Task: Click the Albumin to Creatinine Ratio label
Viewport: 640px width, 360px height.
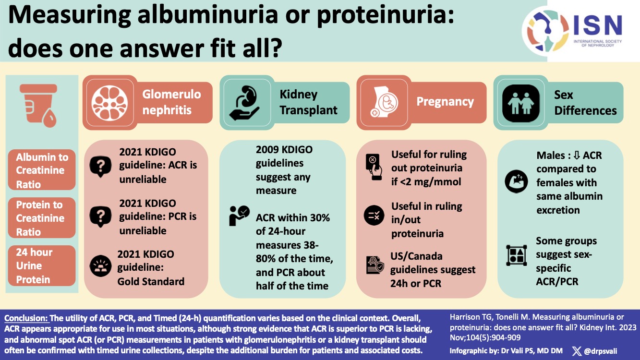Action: tap(42, 170)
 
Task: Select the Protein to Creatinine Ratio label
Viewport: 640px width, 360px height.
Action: tap(42, 218)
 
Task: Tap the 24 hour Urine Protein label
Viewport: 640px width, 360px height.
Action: tap(42, 265)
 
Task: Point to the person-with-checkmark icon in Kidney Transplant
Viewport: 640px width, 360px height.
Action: tap(239, 216)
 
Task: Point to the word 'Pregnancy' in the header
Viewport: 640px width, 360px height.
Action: tap(445, 102)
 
